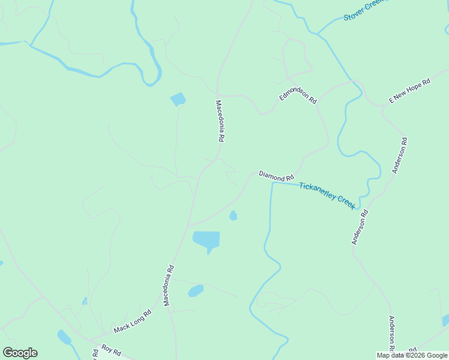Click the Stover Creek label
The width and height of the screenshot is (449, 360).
pos(362,10)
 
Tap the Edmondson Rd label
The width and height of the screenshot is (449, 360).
pos(298,96)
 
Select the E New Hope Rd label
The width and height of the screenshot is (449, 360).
pos(410,91)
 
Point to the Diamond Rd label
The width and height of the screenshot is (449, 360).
pos(276,176)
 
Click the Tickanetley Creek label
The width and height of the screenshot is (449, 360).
pos(327,195)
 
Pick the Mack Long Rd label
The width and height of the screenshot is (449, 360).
pos(133,322)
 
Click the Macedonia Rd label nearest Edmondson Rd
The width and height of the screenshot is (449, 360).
pos(220,121)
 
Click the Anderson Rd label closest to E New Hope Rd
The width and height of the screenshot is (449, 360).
pos(400,155)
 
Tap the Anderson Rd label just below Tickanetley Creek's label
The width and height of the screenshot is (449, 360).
pos(360,227)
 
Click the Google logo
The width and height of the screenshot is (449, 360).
pos(20,353)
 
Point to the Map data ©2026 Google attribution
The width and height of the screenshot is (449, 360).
pos(412,355)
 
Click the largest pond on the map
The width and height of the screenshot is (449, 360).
pos(206,239)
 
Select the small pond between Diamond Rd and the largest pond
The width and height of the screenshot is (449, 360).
pos(233,215)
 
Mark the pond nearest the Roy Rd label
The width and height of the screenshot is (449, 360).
pos(64,337)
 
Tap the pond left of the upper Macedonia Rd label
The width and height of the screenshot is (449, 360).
pos(178,99)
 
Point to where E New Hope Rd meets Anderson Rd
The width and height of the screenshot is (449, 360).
pos(384,107)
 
